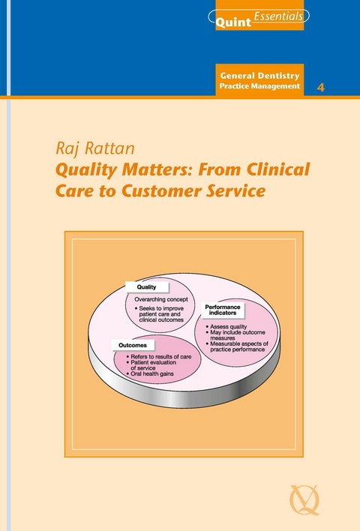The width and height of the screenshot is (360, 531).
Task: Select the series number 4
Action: coord(322,87)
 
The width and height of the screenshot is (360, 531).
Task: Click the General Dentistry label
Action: coord(259,76)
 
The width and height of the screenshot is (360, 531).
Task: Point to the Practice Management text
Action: coord(259,87)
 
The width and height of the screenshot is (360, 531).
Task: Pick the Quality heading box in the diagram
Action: coord(146,286)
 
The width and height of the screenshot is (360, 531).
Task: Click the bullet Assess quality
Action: coord(223,327)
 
